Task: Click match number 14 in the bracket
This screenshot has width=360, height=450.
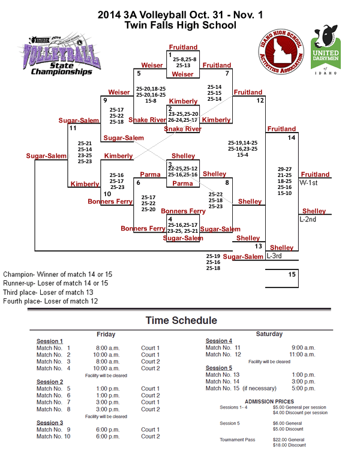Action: point(291,138)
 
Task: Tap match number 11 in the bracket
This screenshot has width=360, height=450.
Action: point(73,128)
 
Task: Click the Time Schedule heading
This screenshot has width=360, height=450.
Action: point(181,320)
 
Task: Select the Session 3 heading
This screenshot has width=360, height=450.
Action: point(50,422)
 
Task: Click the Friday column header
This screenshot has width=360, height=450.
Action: point(106,334)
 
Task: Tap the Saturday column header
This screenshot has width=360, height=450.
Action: point(269,334)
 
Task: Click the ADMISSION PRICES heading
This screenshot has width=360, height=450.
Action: point(269,401)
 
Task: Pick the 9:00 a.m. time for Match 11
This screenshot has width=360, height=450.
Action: point(302,347)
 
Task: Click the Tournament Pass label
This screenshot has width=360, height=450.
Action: point(238,439)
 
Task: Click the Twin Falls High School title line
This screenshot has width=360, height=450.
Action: point(180,25)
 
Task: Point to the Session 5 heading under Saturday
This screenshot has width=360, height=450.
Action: point(219,368)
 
